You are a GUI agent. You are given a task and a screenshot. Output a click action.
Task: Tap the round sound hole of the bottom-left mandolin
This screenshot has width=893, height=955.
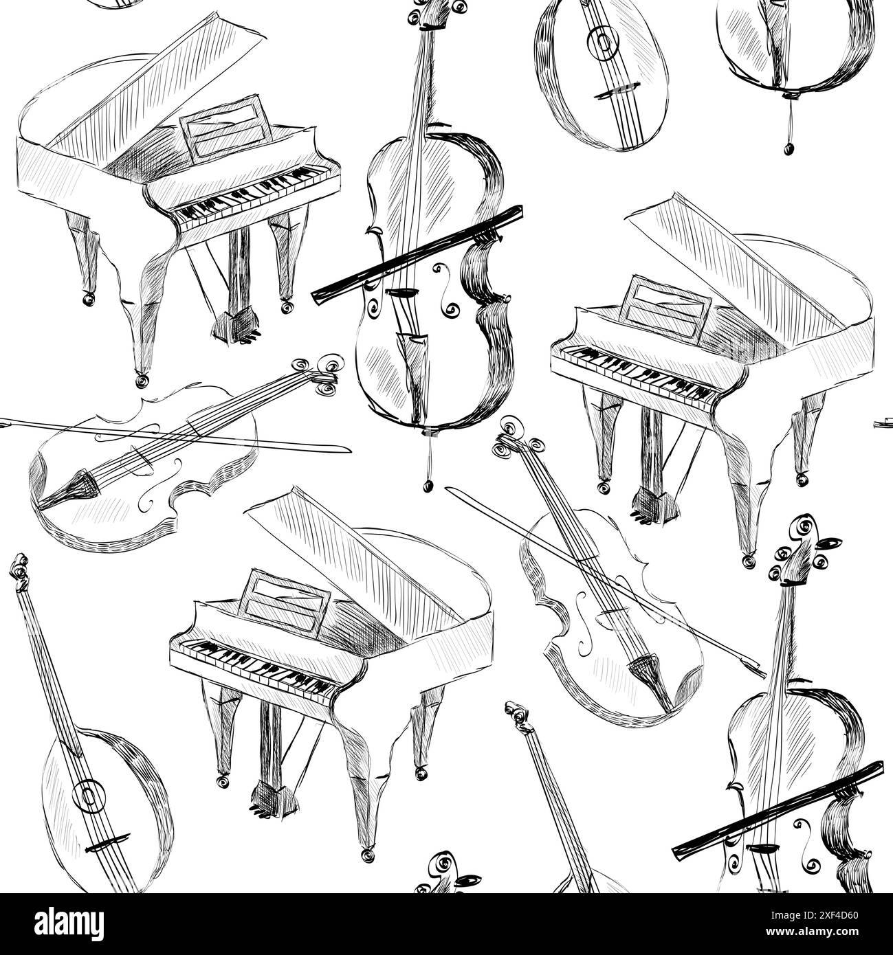pyautogui.click(x=87, y=795)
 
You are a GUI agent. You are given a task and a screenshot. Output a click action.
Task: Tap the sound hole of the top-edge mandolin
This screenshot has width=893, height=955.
pyautogui.click(x=605, y=43)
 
